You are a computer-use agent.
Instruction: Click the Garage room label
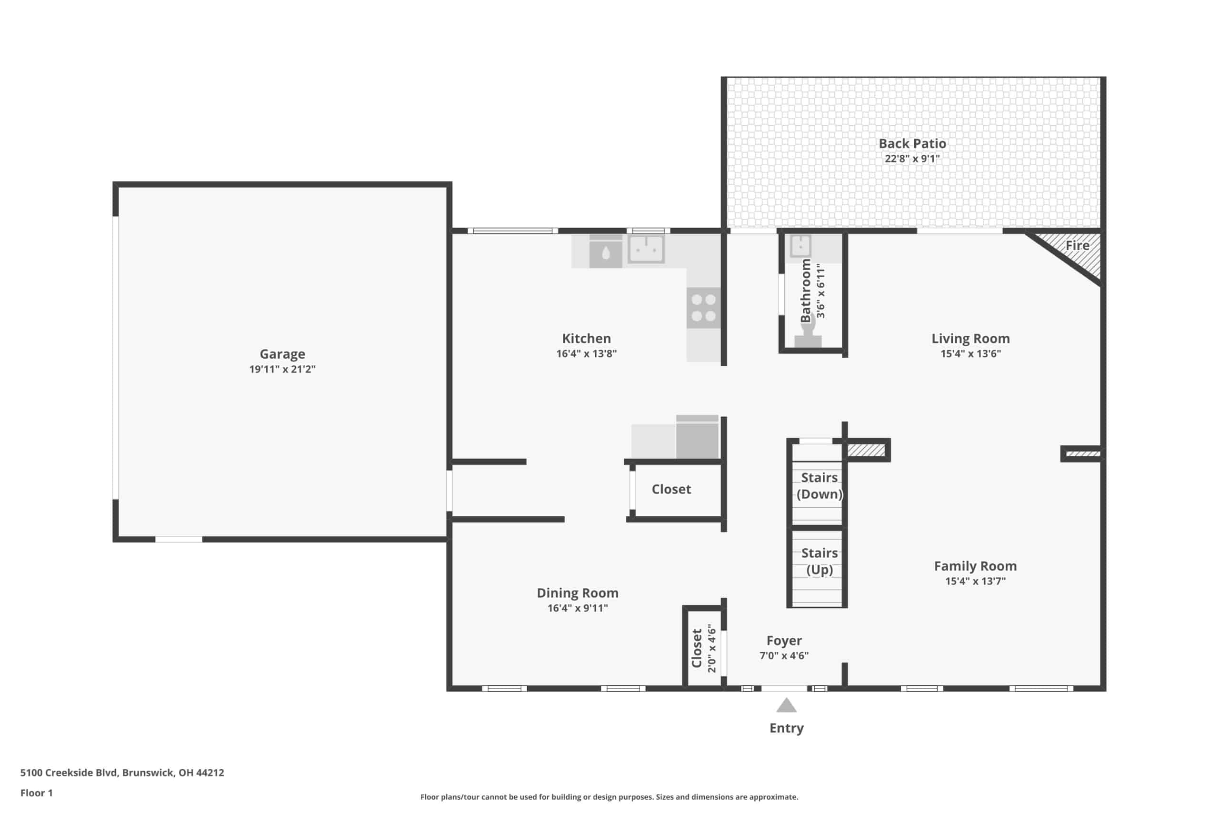[282, 354]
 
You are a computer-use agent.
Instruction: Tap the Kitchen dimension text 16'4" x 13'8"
[586, 353]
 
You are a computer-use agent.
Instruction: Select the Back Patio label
[912, 144]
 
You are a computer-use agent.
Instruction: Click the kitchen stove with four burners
[703, 308]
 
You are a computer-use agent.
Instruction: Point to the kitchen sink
[646, 249]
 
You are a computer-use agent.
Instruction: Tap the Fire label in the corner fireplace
[1077, 246]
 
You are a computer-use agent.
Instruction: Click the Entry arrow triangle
[786, 705]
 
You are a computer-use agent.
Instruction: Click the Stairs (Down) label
[819, 486]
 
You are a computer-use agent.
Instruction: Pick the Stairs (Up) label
[819, 562]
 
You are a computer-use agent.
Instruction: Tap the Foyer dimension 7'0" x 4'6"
[784, 656]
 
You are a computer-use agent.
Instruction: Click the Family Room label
[975, 566]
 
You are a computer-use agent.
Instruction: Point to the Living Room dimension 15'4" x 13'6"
[970, 353]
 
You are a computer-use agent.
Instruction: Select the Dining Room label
[578, 593]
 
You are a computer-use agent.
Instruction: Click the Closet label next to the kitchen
[671, 490]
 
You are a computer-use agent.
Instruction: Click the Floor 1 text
[36, 793]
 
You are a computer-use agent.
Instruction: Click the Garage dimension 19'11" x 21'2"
[282, 369]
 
